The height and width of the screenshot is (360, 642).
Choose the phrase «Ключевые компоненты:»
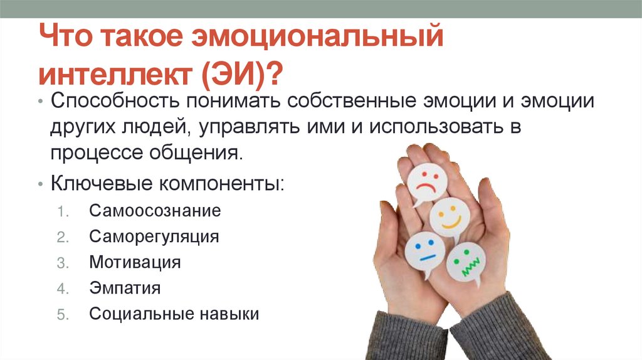point(167,184)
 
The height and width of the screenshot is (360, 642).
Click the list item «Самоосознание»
point(155,210)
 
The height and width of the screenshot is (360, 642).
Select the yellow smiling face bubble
point(450,216)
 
